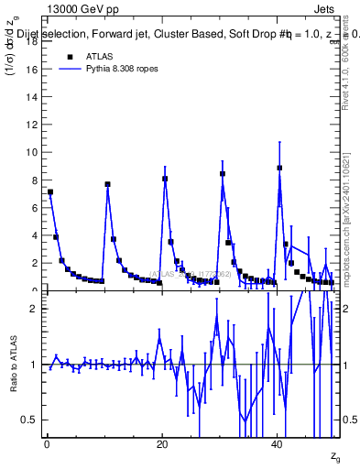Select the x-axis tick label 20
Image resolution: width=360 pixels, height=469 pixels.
tap(162, 443)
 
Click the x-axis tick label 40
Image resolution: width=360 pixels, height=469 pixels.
tap(278, 443)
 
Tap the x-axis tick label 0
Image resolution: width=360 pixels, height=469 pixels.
tap(47, 443)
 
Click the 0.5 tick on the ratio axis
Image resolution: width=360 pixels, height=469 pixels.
tap(30, 420)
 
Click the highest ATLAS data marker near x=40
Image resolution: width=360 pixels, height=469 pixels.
tap(279, 168)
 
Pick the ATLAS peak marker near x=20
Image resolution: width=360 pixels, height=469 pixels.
tap(165, 179)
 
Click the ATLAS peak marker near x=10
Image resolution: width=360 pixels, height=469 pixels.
tap(107, 184)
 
